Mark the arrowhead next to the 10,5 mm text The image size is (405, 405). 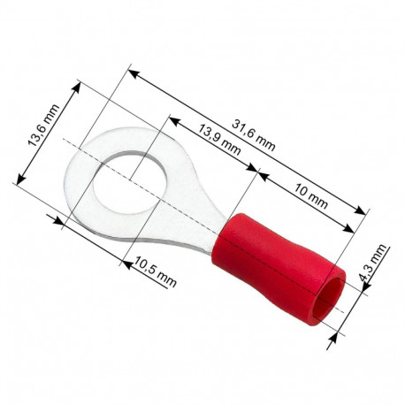click(x=126, y=258)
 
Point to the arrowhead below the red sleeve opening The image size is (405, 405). click(x=334, y=332)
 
